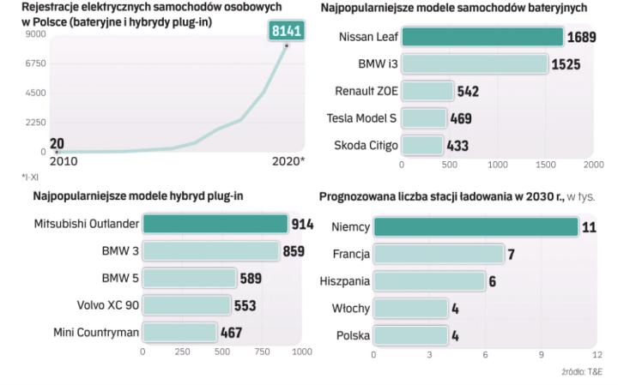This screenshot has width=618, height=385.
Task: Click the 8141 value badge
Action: click(286, 31)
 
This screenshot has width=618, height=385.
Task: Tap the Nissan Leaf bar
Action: click(482, 37)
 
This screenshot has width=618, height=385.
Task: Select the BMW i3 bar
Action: click(475, 64)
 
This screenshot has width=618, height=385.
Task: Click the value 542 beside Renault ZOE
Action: click(468, 91)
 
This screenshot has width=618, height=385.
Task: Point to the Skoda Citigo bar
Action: click(422, 146)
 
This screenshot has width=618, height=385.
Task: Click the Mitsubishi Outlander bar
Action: click(215, 224)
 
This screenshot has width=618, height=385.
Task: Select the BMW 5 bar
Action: click(189, 278)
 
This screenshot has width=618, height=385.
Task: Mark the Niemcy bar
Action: click(476, 227)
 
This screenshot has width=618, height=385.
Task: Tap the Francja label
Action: click(351, 255)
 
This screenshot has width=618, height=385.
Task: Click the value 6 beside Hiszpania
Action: click(493, 281)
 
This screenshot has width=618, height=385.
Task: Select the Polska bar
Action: click(410, 335)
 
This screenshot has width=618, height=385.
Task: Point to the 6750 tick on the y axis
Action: click(34, 63)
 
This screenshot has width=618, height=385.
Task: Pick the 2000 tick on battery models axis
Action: click(592, 163)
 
